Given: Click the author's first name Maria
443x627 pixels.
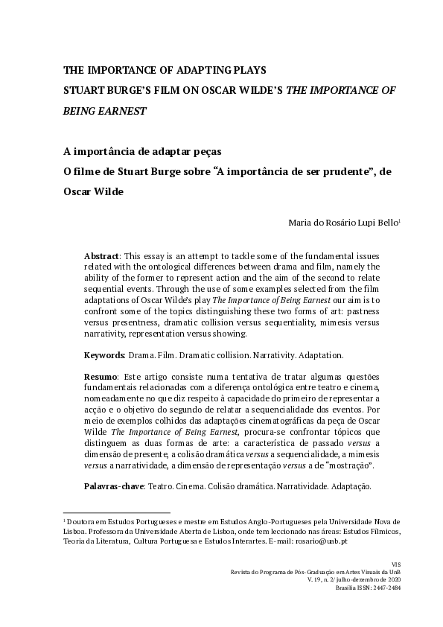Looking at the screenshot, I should [x=299, y=222].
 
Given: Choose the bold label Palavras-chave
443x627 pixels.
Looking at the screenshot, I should [x=116, y=486].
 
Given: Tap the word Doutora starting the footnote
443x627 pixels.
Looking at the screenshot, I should [x=80, y=522].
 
